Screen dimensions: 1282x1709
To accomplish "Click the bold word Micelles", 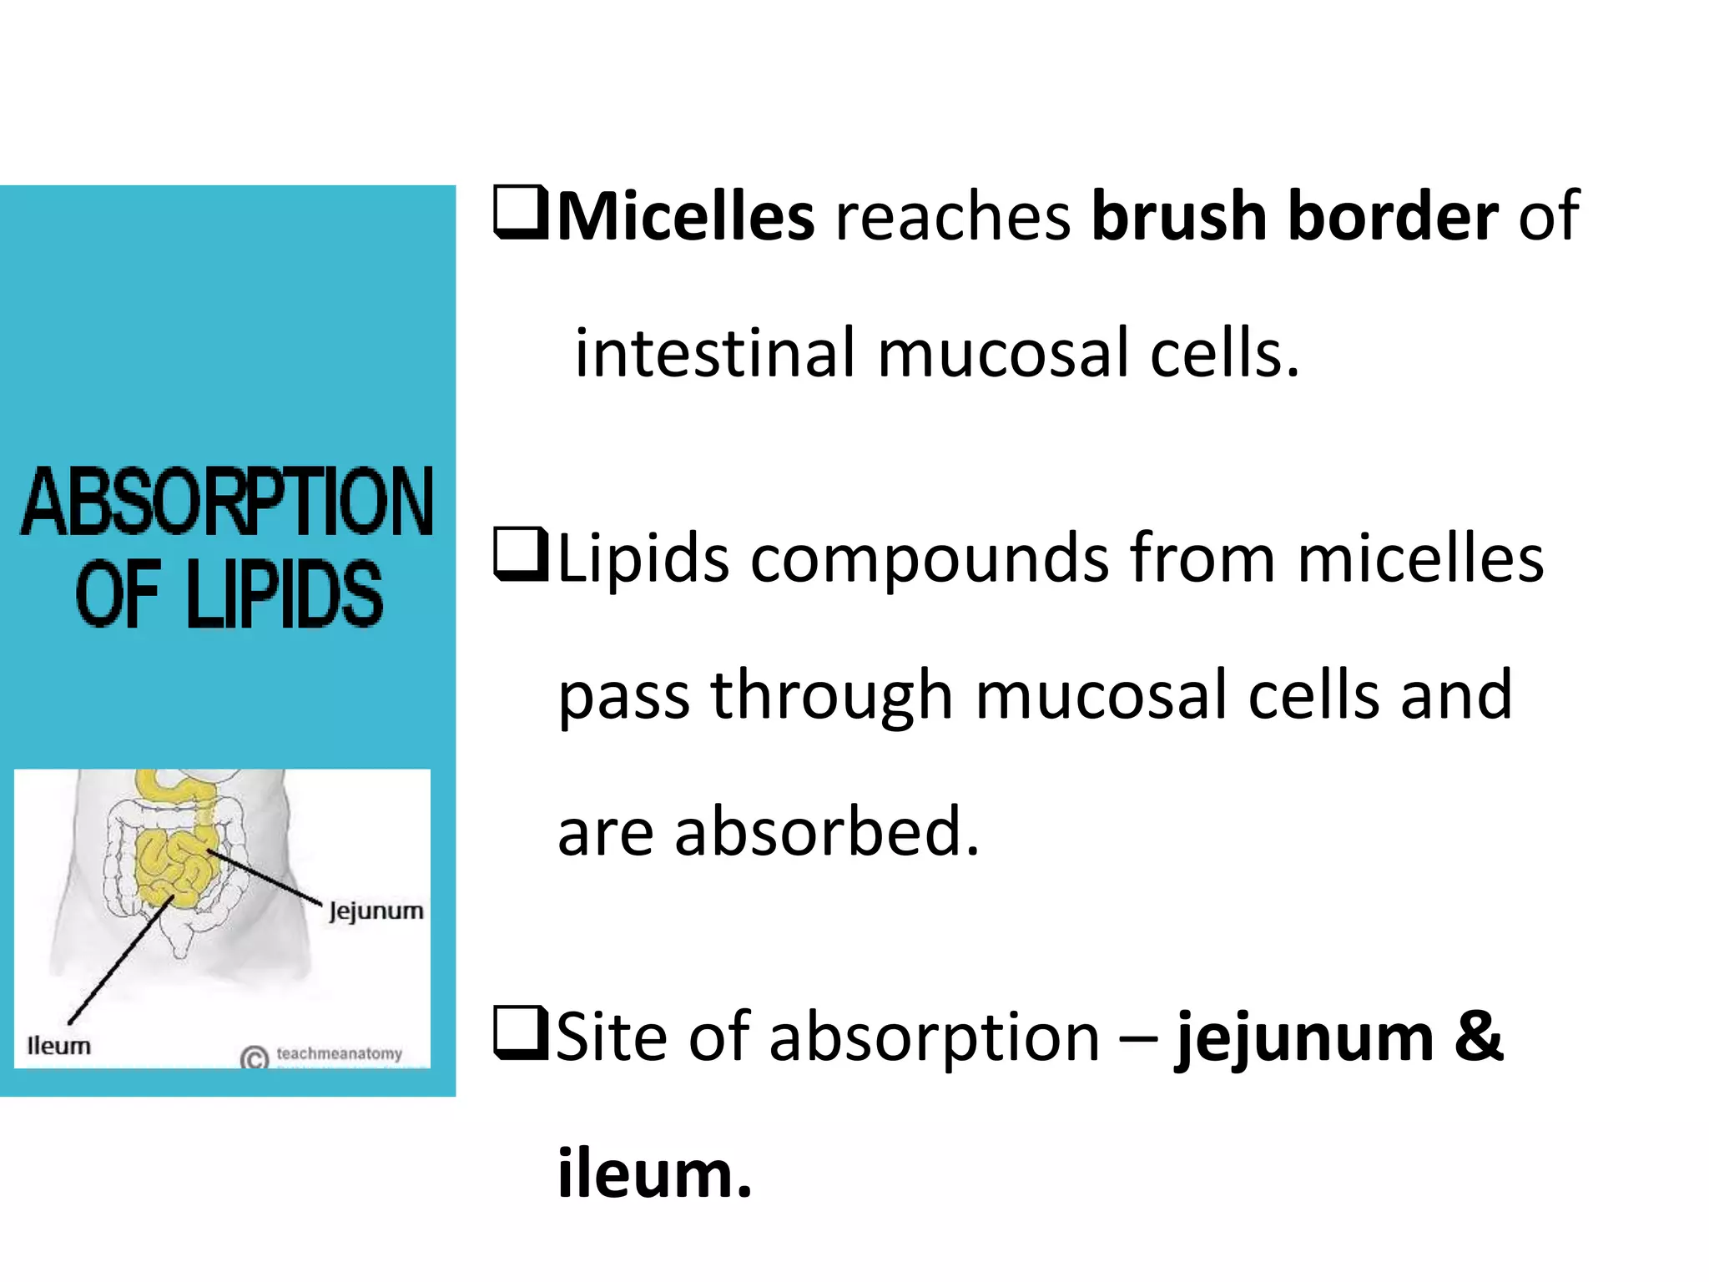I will click(x=685, y=217).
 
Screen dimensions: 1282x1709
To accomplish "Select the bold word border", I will click(x=1393, y=217).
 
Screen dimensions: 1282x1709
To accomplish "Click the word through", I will click(x=832, y=695).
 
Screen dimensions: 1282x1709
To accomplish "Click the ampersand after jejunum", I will click(x=1479, y=1037).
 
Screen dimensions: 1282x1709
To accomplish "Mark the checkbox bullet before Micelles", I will click(x=520, y=213).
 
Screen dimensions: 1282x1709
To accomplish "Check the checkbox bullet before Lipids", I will click(x=520, y=553).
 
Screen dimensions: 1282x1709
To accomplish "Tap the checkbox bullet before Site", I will click(x=520, y=1032).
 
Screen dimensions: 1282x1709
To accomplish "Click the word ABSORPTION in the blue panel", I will click(x=227, y=502).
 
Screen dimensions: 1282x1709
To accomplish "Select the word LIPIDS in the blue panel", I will click(x=285, y=594).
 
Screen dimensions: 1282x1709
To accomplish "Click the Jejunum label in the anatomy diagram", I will click(x=376, y=911).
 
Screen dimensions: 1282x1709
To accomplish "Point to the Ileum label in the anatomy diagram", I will click(x=58, y=1046).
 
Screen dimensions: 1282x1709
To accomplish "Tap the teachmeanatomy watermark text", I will click(x=339, y=1054).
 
